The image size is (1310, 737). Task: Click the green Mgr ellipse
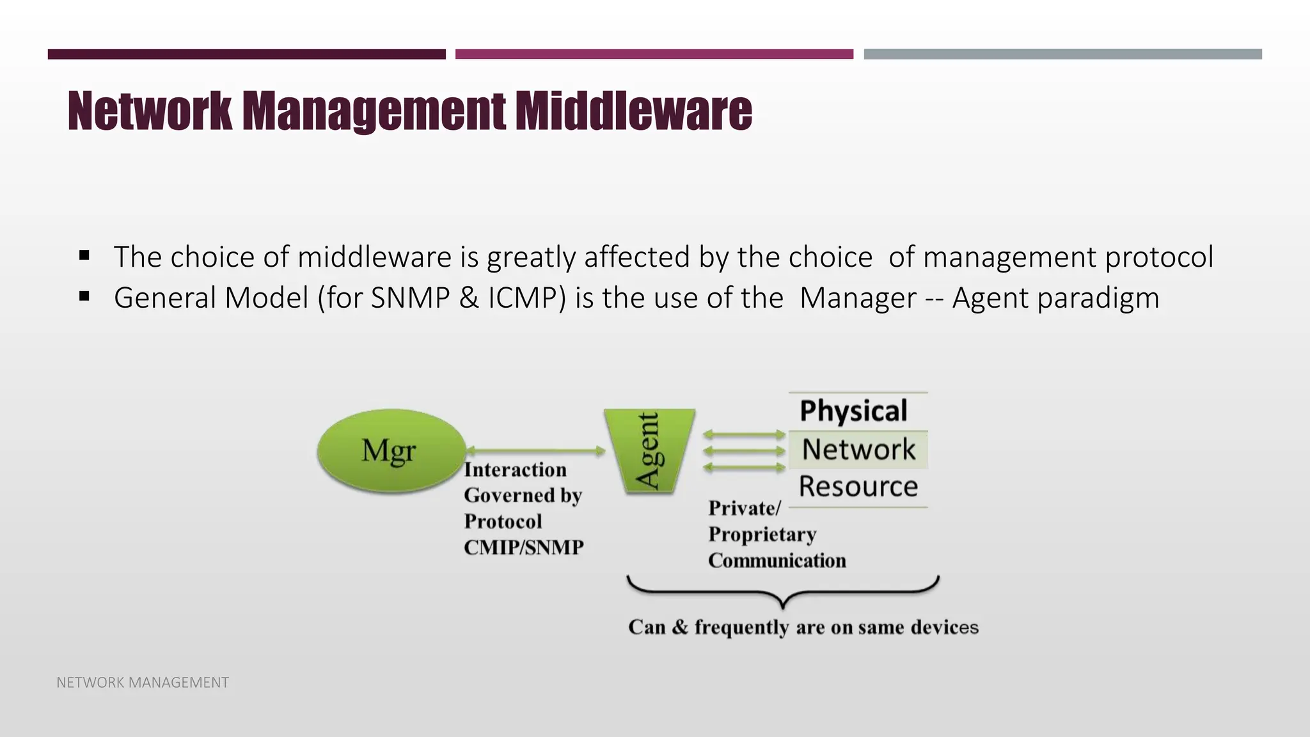[391, 451]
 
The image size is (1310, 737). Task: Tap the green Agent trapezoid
[649, 451]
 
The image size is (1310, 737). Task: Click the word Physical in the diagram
[853, 411]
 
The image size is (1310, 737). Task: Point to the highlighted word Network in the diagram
[858, 449]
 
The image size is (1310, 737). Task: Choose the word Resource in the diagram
[858, 487]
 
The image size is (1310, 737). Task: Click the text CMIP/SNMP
[523, 548]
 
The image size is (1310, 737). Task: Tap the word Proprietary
[762, 534]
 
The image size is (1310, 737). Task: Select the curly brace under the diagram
[783, 592]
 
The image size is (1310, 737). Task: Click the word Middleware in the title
[633, 111]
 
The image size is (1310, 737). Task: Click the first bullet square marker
[84, 256]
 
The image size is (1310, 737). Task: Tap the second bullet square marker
[84, 297]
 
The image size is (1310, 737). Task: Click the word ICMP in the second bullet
[526, 298]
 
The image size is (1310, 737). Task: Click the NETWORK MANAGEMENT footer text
[143, 683]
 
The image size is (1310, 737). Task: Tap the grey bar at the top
[1062, 54]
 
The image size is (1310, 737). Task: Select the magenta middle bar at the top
[654, 54]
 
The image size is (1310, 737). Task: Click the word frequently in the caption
[741, 627]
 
